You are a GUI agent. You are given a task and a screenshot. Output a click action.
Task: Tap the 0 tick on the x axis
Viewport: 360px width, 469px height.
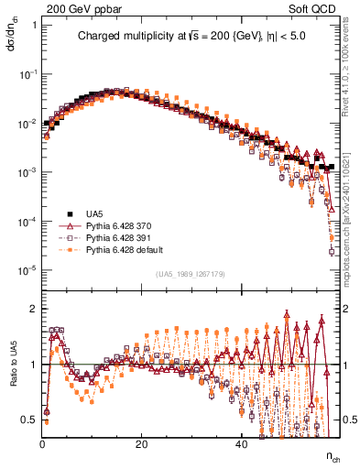tap(42, 443)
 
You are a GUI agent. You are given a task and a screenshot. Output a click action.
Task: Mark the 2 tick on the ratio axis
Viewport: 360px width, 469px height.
tap(33, 309)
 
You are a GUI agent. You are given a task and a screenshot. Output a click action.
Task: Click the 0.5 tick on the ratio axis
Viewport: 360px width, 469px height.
tap(29, 420)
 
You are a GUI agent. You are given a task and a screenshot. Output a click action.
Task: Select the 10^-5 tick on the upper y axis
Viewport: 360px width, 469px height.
tap(27, 269)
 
